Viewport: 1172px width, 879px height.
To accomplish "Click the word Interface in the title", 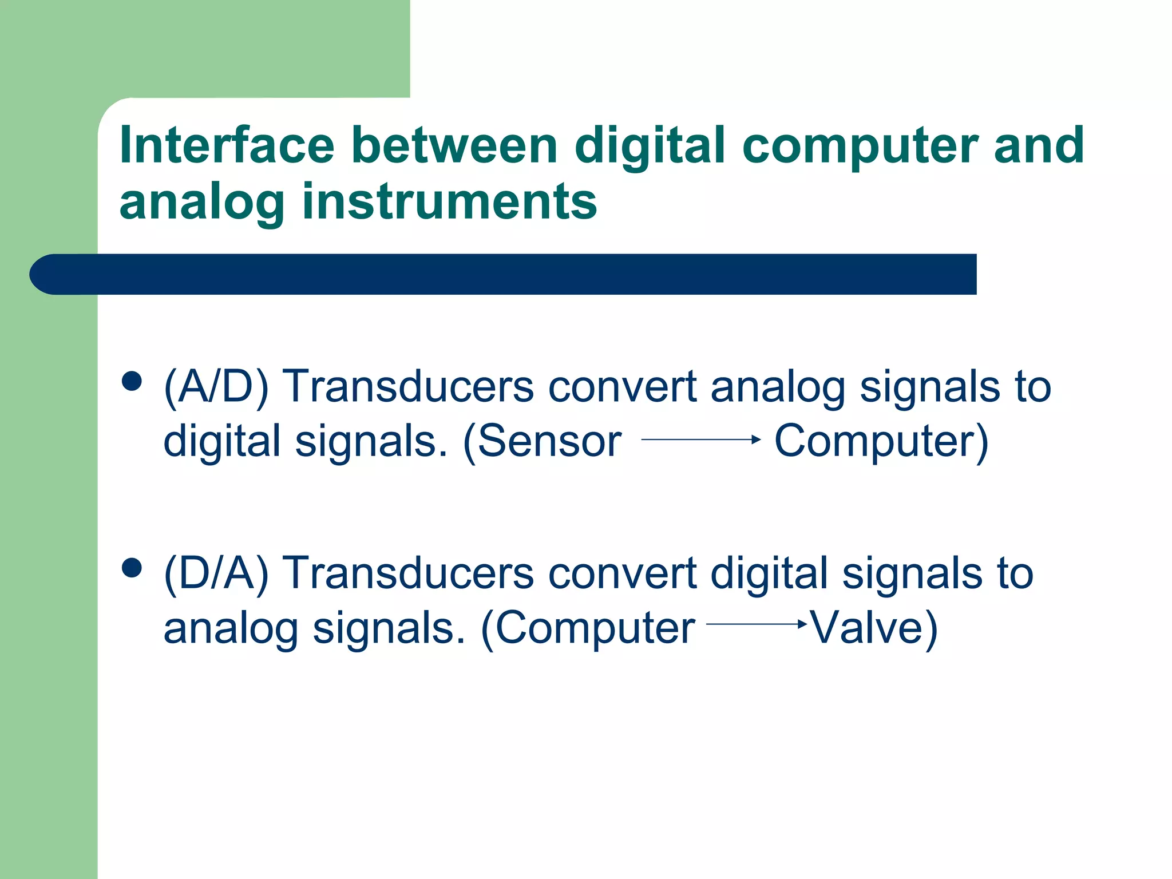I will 227,145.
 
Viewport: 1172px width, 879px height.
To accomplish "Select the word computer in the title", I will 859,146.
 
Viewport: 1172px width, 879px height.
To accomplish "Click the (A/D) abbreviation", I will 216,387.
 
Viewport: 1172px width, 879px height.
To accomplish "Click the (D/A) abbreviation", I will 216,573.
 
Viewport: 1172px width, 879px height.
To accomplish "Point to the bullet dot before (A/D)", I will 132,381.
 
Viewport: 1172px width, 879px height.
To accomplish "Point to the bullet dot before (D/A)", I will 132,568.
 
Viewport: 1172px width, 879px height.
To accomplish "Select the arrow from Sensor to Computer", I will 700,439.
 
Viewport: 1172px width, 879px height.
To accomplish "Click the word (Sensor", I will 541,441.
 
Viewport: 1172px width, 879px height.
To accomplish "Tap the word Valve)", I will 874,628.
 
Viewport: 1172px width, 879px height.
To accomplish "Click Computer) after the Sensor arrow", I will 881,441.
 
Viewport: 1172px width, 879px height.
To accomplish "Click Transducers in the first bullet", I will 409,387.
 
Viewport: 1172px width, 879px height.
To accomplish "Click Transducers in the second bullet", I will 409,573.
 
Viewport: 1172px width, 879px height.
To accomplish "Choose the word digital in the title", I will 650,146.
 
